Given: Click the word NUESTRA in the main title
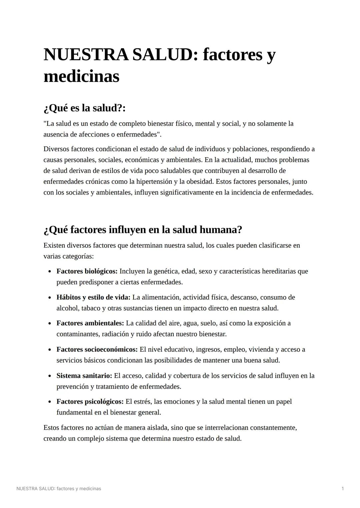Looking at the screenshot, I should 86,55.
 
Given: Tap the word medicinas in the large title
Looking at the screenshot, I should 81,77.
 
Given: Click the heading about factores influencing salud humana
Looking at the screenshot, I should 143,230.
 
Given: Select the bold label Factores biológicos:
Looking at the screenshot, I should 87,271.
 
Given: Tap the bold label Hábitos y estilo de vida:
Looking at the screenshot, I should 93,297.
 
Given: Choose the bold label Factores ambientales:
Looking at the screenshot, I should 90,323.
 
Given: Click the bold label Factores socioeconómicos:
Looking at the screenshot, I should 97,349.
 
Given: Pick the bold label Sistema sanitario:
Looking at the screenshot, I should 84,376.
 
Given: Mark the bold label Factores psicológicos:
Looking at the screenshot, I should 90,402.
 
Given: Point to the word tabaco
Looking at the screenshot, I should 91,308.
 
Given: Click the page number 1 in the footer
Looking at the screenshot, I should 343,489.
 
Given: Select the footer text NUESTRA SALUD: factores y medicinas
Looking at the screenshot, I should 59,489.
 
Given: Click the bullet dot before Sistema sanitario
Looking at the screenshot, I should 50,376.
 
